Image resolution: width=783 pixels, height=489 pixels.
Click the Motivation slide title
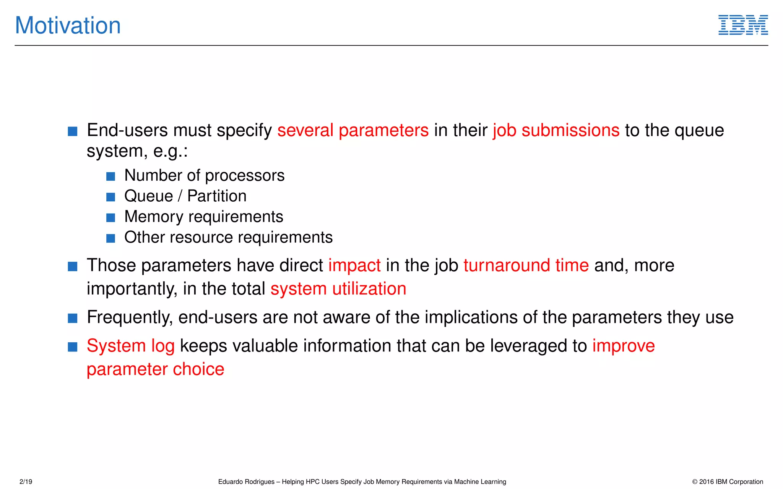click(x=68, y=26)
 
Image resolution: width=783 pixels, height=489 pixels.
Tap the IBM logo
click(x=743, y=25)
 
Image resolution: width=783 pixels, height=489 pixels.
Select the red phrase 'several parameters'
click(x=353, y=130)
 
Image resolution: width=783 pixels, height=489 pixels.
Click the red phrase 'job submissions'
click(x=556, y=130)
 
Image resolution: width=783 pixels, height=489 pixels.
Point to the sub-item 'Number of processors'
click(x=204, y=175)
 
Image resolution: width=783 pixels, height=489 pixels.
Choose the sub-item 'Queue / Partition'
click(x=185, y=196)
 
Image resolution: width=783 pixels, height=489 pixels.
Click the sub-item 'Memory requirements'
click(x=203, y=217)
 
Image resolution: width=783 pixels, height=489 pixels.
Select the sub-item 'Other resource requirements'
click(x=228, y=237)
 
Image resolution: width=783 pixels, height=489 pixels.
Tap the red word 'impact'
click(x=354, y=266)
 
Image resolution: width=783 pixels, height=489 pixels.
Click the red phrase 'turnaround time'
click(x=526, y=266)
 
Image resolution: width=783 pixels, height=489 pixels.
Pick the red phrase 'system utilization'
click(x=338, y=289)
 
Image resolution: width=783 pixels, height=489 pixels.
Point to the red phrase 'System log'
click(x=130, y=346)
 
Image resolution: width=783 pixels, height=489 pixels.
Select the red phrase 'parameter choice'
click(x=155, y=369)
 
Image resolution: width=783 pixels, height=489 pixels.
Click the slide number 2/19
click(x=26, y=482)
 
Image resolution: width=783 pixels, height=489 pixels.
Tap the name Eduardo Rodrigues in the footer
click(x=246, y=482)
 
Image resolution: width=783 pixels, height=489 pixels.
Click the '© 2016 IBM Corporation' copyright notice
click(x=727, y=482)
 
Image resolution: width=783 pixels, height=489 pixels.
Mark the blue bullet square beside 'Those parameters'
click(x=73, y=266)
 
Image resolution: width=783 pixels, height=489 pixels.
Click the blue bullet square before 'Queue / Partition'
click(x=110, y=197)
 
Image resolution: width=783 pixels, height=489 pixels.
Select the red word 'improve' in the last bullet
click(x=624, y=346)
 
